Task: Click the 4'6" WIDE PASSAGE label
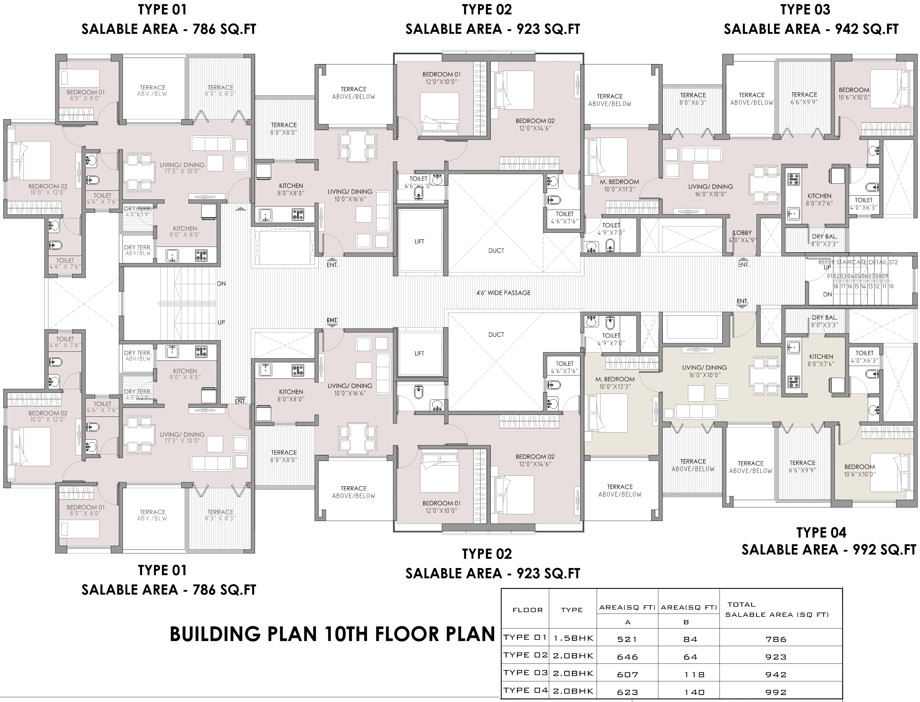click(x=503, y=293)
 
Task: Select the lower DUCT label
click(x=496, y=335)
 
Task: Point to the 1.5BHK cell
click(x=573, y=638)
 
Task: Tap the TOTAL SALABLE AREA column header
click(x=777, y=610)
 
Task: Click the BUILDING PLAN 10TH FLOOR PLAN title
click(x=332, y=634)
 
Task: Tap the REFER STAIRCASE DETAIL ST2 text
click(x=858, y=262)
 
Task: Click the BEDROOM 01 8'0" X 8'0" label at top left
click(x=86, y=95)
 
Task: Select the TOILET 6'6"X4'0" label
click(x=418, y=182)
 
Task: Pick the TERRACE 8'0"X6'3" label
click(x=693, y=99)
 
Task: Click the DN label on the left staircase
click(x=222, y=284)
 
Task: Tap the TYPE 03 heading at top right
click(x=805, y=10)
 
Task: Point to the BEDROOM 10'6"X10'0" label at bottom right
click(x=860, y=470)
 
